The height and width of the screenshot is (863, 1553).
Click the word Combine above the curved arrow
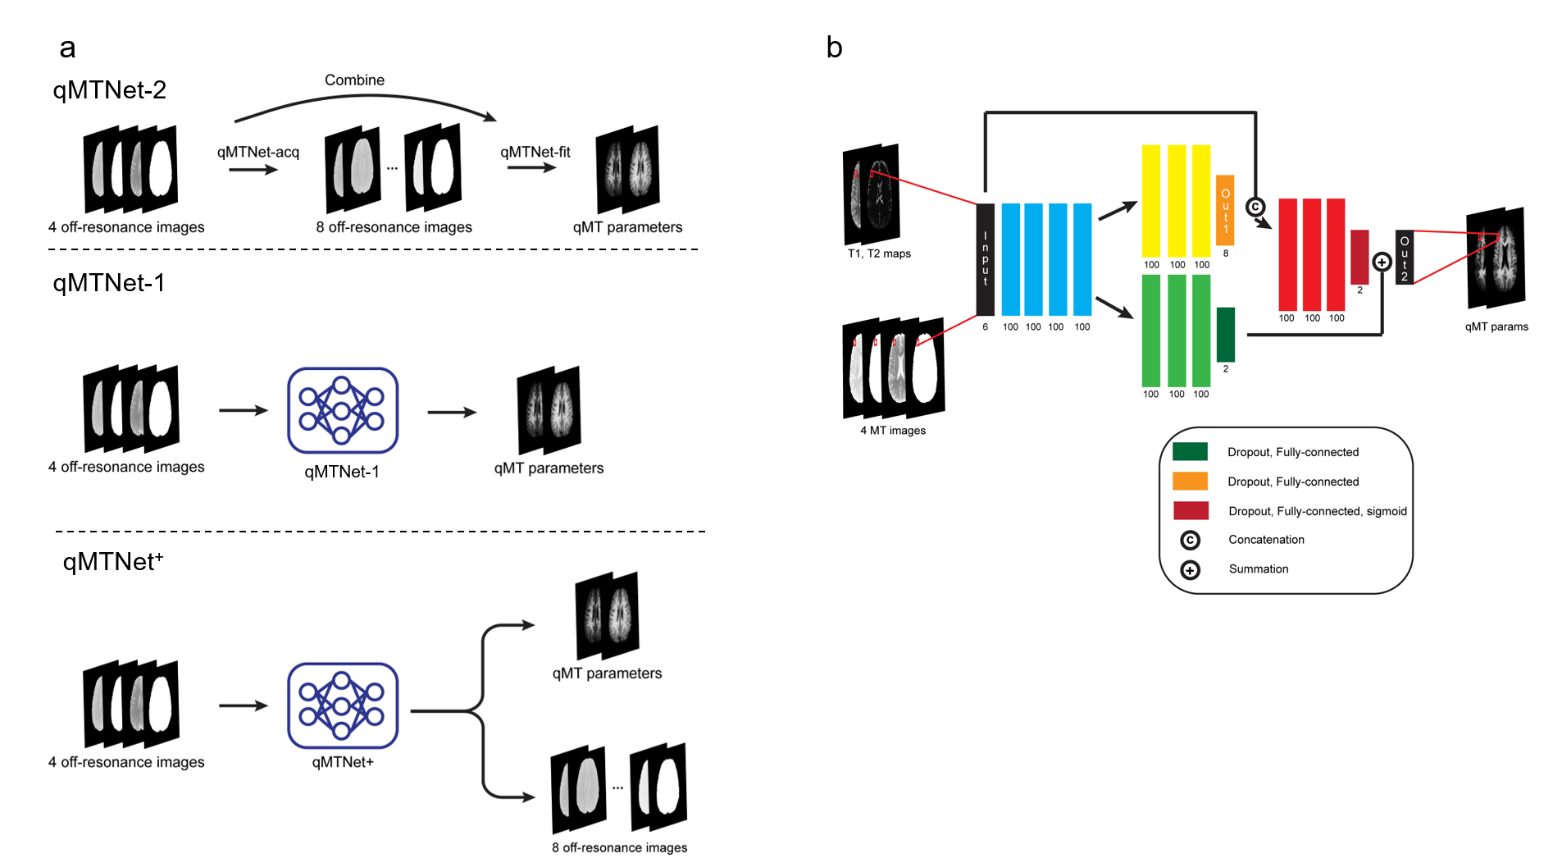354,80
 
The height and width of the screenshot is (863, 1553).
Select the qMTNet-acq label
258,152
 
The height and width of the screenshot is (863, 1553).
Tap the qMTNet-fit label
535,152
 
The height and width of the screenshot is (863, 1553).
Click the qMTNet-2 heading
110,89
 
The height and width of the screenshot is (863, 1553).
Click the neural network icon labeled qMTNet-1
343,410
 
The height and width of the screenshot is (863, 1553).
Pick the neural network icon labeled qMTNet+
343,705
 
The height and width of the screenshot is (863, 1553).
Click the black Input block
986,259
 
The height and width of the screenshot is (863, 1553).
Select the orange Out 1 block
1226,210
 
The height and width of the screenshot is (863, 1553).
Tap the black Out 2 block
1405,258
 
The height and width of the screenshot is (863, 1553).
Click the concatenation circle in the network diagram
1255,207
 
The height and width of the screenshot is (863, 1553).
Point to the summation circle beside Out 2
1382,263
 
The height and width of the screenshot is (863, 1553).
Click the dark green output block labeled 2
1226,334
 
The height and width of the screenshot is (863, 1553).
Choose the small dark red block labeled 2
1359,257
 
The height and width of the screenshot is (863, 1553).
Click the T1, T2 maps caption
879,253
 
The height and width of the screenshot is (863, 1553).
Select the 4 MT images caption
893,430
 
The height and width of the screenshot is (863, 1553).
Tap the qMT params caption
1496,326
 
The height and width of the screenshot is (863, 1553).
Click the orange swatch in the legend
1190,481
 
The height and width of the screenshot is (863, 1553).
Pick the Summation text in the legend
1259,568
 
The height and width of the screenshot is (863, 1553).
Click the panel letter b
835,48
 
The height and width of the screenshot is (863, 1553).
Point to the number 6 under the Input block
986,326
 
